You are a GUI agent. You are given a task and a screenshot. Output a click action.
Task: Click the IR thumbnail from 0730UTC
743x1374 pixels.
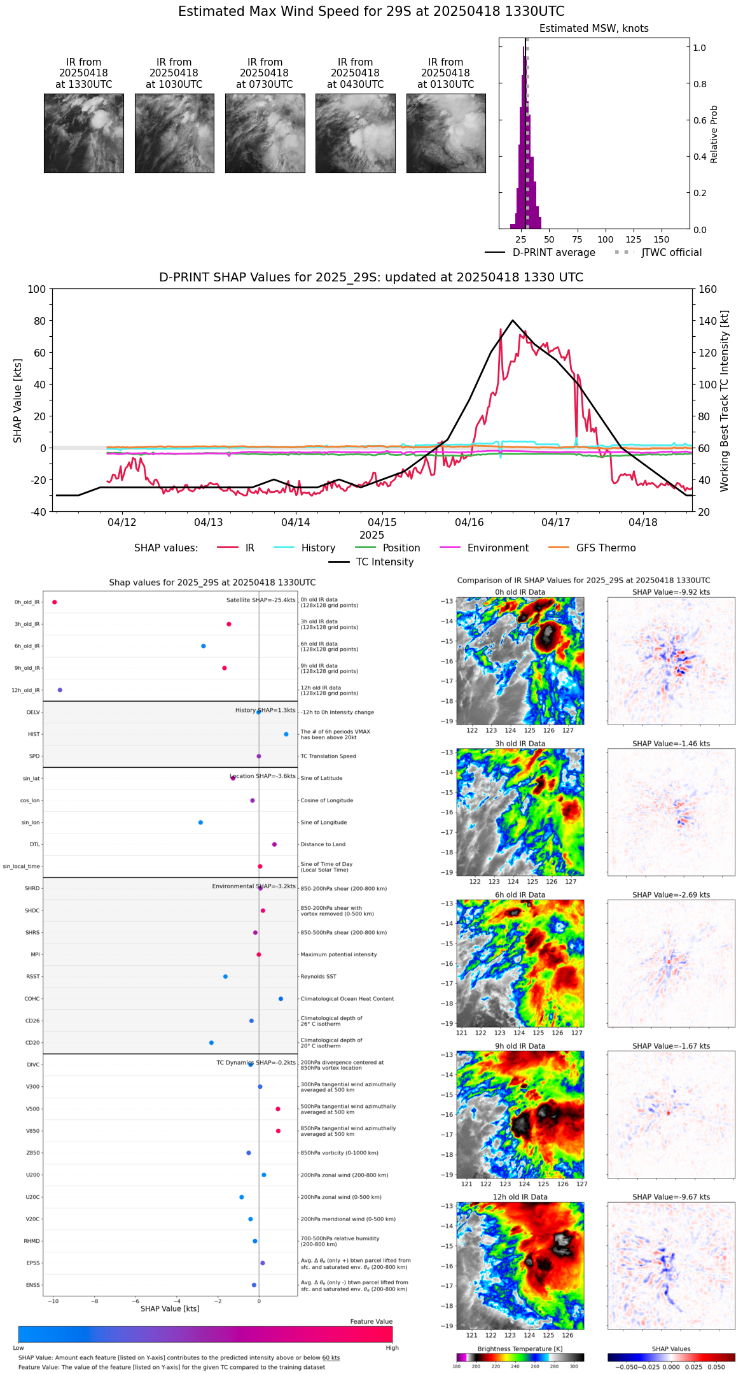265,133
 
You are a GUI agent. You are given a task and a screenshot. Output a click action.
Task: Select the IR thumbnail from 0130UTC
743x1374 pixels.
446,133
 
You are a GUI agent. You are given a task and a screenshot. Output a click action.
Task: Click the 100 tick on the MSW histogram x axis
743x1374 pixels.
605,239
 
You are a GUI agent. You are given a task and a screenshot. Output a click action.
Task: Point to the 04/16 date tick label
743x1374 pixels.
469,523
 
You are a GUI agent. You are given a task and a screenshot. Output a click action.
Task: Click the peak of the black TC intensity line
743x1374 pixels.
513,320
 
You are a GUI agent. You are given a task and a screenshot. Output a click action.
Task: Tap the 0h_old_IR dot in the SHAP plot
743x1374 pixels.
55,602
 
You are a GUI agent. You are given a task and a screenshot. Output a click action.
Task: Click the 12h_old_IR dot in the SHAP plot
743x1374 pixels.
60,690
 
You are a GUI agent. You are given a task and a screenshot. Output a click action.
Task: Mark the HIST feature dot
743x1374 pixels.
286,735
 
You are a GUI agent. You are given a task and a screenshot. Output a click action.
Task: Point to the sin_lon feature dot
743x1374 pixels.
200,823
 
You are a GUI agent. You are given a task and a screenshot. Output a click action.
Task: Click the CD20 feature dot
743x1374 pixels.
211,1043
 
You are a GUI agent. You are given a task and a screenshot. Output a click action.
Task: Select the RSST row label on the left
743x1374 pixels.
33,977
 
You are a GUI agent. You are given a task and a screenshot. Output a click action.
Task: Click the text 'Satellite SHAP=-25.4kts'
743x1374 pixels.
261,600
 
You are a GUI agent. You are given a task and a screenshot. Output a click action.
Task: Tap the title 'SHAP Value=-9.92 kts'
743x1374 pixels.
671,592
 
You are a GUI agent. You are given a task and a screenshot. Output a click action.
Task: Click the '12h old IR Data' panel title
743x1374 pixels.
520,1197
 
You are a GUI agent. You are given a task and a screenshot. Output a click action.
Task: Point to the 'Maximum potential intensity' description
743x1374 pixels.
338,955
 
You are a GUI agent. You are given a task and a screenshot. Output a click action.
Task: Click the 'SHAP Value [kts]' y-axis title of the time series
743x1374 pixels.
18,400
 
